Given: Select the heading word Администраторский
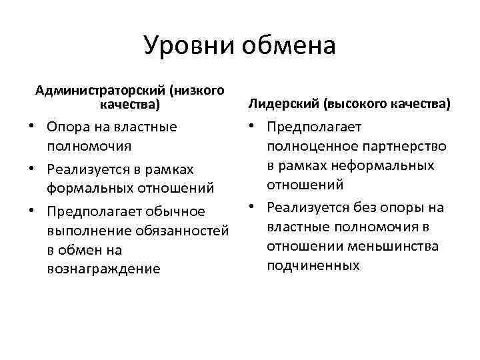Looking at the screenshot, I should pyautogui.click(x=101, y=90).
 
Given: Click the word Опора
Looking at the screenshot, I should pyautogui.click(x=67, y=126).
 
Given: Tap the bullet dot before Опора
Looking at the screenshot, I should pyautogui.click(x=32, y=126).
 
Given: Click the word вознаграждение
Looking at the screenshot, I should pyautogui.click(x=103, y=269).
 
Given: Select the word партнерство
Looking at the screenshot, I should pyautogui.click(x=400, y=146).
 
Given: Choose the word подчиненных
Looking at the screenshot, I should pyautogui.click(x=313, y=265).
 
